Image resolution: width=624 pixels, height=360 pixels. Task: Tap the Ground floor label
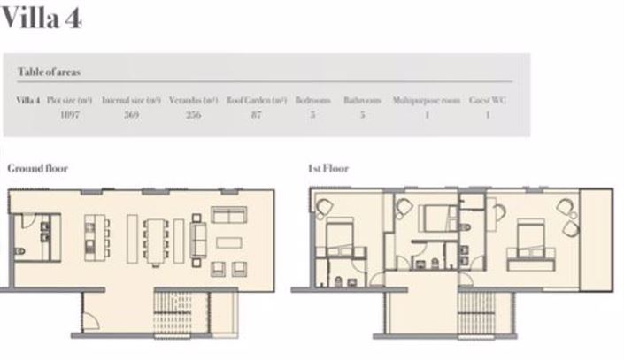37,168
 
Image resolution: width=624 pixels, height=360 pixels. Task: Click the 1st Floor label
327,168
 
